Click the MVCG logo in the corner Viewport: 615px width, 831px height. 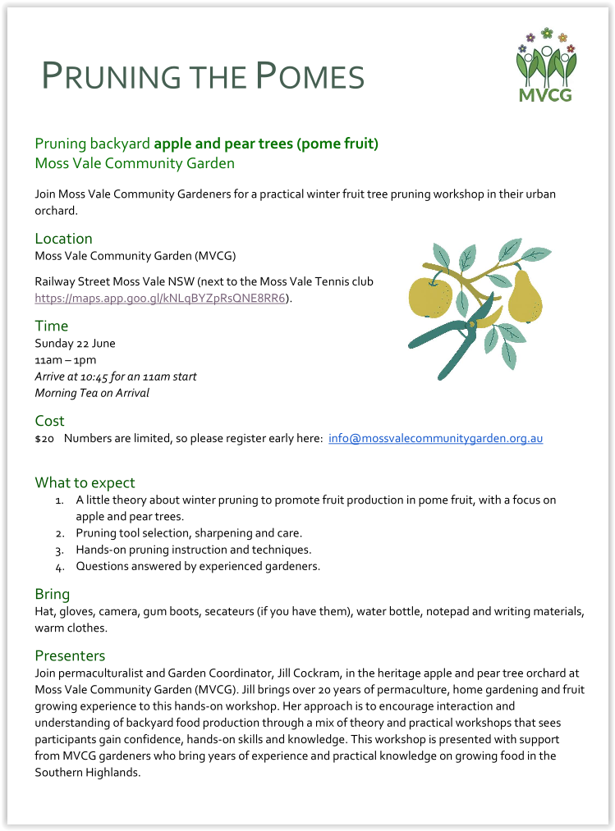546,65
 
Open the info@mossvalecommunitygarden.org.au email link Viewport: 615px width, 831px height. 435,439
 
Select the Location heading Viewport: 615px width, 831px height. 63,239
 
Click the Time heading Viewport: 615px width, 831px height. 51,326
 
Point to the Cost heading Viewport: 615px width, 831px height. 49,421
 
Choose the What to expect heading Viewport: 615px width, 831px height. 85,482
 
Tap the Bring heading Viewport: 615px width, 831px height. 52,594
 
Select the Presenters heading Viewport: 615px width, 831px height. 70,655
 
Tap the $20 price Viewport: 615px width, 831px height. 44,440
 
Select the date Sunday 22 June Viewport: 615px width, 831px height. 75,344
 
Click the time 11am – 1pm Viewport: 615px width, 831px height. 65,360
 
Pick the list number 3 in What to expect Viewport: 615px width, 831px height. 60,550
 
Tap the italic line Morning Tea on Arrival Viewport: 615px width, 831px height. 92,393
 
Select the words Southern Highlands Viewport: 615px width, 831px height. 88,772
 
